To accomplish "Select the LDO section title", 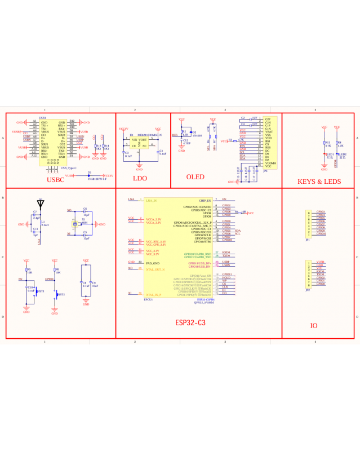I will click(x=139, y=178).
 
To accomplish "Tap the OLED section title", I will click(x=195, y=177).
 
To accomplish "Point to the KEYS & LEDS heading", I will click(x=319, y=181).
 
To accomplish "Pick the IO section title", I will click(x=314, y=326).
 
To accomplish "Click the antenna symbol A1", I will click(x=40, y=203).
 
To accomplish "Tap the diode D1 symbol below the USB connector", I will click(x=90, y=175).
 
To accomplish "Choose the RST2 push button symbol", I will click(x=56, y=294).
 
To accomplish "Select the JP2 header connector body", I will click(x=308, y=273).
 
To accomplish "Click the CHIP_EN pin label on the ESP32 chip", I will click(x=205, y=200).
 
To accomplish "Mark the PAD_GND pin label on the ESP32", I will click(x=153, y=263).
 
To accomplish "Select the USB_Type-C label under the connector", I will click(x=68, y=168).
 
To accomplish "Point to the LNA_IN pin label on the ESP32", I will click(x=152, y=200).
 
